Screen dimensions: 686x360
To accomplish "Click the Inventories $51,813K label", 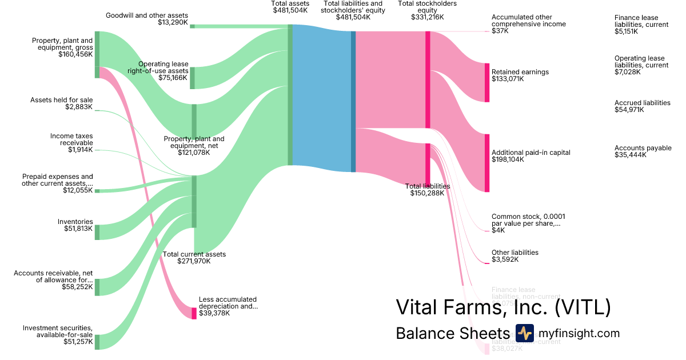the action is pyautogui.click(x=75, y=225).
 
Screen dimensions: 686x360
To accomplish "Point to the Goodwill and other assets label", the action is pyautogui.click(x=147, y=19).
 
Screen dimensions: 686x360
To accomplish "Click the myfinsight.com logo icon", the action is pyautogui.click(x=524, y=333).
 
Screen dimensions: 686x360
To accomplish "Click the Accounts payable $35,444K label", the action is pyautogui.click(x=643, y=151).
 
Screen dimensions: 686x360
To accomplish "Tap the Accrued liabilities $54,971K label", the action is pyautogui.click(x=642, y=106).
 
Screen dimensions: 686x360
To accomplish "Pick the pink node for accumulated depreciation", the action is pyautogui.click(x=194, y=313).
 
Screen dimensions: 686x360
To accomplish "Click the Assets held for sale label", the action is pyautogui.click(x=62, y=103).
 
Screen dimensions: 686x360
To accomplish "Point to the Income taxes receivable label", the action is pyautogui.click(x=71, y=143).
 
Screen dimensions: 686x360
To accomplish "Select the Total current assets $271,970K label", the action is pyautogui.click(x=194, y=258).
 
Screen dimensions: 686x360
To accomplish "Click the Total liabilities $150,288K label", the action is pyautogui.click(x=427, y=190).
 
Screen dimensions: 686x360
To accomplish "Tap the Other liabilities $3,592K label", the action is pyautogui.click(x=514, y=256).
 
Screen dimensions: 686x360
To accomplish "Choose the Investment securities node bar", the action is pyautogui.click(x=97, y=342).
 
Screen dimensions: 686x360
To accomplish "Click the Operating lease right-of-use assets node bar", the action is pyautogui.click(x=193, y=78).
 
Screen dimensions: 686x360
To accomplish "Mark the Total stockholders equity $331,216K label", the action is pyautogui.click(x=427, y=10).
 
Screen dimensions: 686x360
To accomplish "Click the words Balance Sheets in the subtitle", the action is pyautogui.click(x=452, y=334).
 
